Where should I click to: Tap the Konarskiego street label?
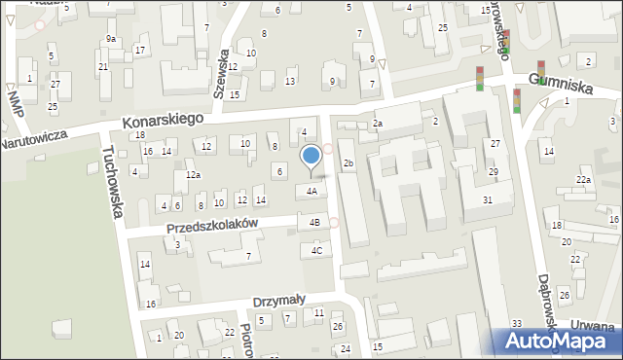[x=163, y=120]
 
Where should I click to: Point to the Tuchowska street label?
[x=113, y=181]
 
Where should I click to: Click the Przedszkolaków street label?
[x=211, y=227]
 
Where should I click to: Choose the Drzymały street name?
[x=279, y=301]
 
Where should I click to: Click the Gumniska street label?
[x=561, y=87]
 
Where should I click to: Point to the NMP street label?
[x=14, y=101]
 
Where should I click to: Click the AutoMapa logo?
[x=559, y=341]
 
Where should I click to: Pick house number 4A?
[x=311, y=192]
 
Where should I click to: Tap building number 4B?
[x=314, y=223]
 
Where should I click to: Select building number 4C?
[x=316, y=251]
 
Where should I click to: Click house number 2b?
[x=348, y=163]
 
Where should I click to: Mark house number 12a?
[x=194, y=175]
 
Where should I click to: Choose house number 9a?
[x=111, y=39]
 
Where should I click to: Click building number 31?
[x=488, y=199]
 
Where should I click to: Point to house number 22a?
[x=583, y=180]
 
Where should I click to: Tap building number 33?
[x=517, y=323]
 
